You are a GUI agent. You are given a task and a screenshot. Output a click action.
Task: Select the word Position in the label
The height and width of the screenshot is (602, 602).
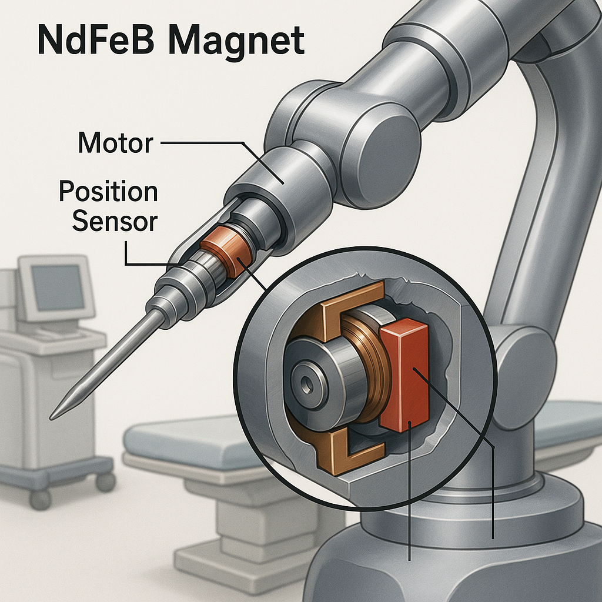click(109, 192)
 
